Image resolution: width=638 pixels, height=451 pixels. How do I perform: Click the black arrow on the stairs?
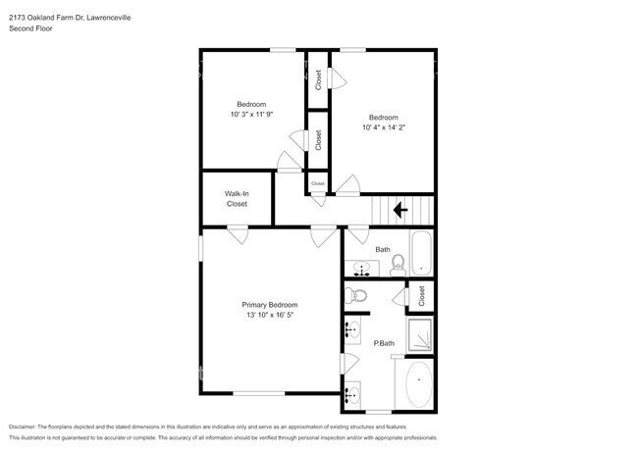tap(399, 209)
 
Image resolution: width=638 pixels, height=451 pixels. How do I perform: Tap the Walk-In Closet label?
tap(237, 199)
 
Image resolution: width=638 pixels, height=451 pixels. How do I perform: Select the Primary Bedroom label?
tap(270, 305)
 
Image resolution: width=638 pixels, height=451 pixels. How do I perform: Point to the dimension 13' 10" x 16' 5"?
tap(270, 316)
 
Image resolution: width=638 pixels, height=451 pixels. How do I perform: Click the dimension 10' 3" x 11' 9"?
tap(251, 115)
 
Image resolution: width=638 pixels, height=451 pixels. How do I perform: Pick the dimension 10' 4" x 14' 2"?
tap(383, 126)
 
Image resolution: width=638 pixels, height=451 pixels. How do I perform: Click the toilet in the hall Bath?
tap(399, 264)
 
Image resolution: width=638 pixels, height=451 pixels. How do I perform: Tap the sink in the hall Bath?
tap(358, 268)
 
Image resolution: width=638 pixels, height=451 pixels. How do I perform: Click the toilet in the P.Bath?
tap(358, 294)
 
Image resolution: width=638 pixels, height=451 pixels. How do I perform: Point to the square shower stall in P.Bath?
tap(421, 334)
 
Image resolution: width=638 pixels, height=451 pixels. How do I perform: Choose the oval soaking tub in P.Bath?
tap(420, 384)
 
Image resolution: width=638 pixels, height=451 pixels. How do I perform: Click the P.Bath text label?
tap(383, 343)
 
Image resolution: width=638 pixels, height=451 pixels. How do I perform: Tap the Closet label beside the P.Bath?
tap(421, 295)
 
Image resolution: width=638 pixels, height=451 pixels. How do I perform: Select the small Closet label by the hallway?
tap(317, 183)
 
